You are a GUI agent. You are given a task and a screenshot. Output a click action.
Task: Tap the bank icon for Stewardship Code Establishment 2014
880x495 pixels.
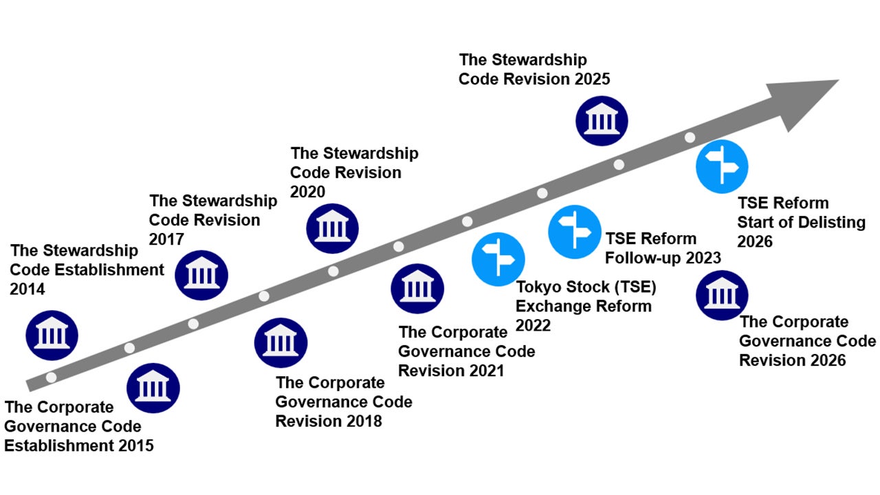point(52,335)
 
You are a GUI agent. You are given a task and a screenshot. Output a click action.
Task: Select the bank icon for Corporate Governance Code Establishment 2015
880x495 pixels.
point(153,388)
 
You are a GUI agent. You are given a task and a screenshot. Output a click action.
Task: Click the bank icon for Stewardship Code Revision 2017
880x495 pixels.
point(201,275)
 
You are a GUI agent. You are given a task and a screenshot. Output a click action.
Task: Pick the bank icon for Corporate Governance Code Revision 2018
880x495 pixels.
point(280,342)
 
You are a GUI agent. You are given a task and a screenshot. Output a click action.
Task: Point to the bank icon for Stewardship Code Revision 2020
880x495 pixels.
point(332,229)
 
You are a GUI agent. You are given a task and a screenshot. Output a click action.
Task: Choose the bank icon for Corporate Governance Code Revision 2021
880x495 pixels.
point(417,289)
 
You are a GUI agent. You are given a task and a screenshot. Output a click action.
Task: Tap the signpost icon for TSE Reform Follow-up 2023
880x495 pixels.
point(574,232)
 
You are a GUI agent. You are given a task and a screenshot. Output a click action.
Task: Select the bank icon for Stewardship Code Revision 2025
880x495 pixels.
point(602,120)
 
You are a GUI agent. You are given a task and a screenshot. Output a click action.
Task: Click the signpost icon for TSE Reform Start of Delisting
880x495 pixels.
point(722,166)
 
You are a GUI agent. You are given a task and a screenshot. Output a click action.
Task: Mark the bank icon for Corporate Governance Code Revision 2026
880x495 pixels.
point(722,295)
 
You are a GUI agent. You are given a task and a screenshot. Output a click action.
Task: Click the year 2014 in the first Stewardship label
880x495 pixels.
point(27,289)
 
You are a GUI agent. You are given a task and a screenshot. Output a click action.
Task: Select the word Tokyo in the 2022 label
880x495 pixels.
point(539,287)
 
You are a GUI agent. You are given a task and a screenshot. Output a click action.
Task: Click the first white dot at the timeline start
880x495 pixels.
point(51,377)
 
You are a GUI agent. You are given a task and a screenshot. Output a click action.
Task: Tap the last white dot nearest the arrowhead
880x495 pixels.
point(690,137)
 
